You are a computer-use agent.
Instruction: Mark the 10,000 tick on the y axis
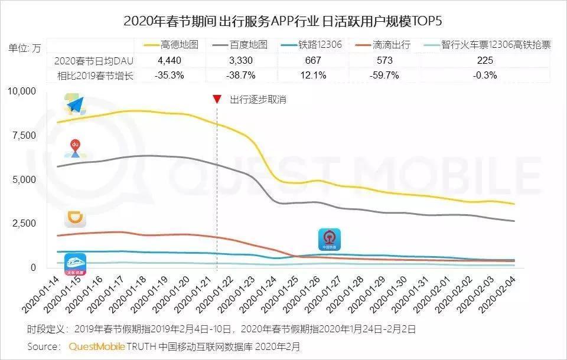click(x=22, y=91)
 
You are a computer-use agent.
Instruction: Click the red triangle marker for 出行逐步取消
click(x=217, y=99)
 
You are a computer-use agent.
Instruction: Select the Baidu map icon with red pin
click(x=76, y=148)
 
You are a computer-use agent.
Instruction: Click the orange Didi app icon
click(x=76, y=219)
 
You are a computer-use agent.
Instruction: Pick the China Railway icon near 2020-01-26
click(x=329, y=240)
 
